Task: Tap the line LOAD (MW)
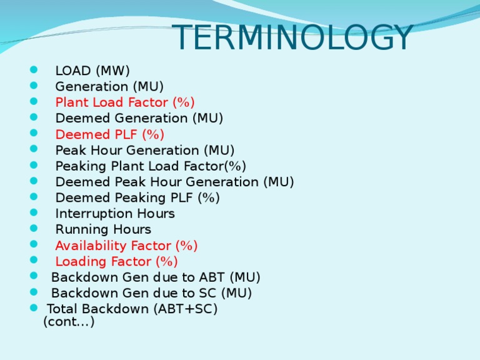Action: click(92, 71)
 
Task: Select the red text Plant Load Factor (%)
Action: click(125, 102)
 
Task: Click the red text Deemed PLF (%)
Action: click(110, 134)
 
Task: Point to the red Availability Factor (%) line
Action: click(126, 246)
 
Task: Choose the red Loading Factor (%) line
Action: click(116, 261)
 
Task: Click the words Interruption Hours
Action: click(115, 214)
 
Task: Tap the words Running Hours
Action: click(103, 229)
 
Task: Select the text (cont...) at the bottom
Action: click(69, 322)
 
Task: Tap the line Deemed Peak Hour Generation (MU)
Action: click(174, 182)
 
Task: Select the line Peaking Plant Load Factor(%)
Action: click(151, 166)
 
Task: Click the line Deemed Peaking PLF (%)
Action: click(137, 197)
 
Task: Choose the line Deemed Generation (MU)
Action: click(139, 118)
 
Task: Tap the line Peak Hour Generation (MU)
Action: click(145, 150)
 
